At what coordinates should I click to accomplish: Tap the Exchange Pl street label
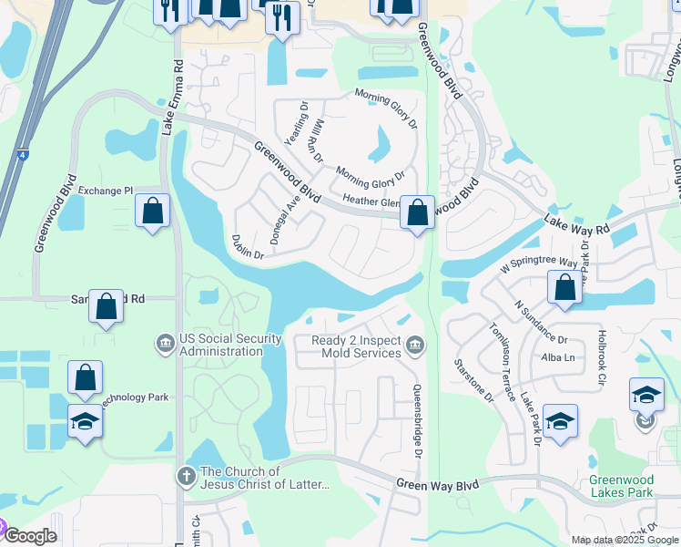[x=106, y=191]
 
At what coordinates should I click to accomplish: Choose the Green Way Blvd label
[x=437, y=485]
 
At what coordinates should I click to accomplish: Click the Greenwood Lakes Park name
[x=621, y=486]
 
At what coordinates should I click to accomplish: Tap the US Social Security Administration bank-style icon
[x=166, y=344]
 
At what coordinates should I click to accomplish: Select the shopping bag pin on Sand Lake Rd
[x=107, y=306]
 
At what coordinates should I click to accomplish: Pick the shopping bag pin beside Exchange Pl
[x=153, y=211]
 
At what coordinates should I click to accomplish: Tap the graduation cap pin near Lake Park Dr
[x=560, y=421]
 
